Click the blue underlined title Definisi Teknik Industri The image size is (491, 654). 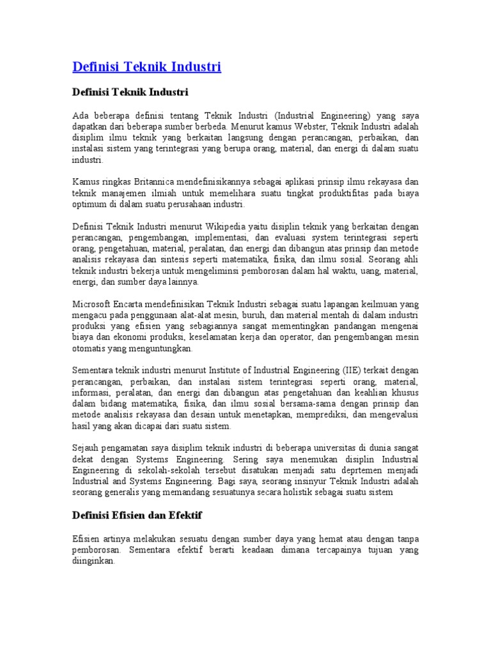[147, 66]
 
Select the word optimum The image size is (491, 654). [91, 204]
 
